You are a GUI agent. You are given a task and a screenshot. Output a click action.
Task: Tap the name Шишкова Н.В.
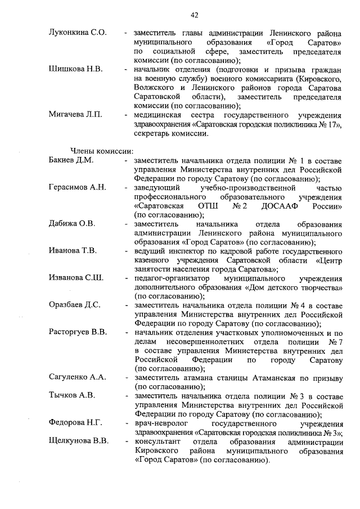(x=75, y=69)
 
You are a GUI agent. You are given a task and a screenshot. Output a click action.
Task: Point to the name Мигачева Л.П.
(x=75, y=115)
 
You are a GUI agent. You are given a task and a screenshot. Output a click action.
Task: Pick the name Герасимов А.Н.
(x=77, y=187)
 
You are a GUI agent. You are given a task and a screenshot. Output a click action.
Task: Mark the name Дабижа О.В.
(x=72, y=223)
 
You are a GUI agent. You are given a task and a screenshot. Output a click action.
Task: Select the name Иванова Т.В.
(x=73, y=250)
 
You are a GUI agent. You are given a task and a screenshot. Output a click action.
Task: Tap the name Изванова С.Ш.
(x=75, y=278)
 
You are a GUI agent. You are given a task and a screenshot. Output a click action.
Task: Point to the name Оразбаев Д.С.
(x=75, y=305)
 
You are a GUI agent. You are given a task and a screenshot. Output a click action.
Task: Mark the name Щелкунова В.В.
(x=78, y=441)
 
